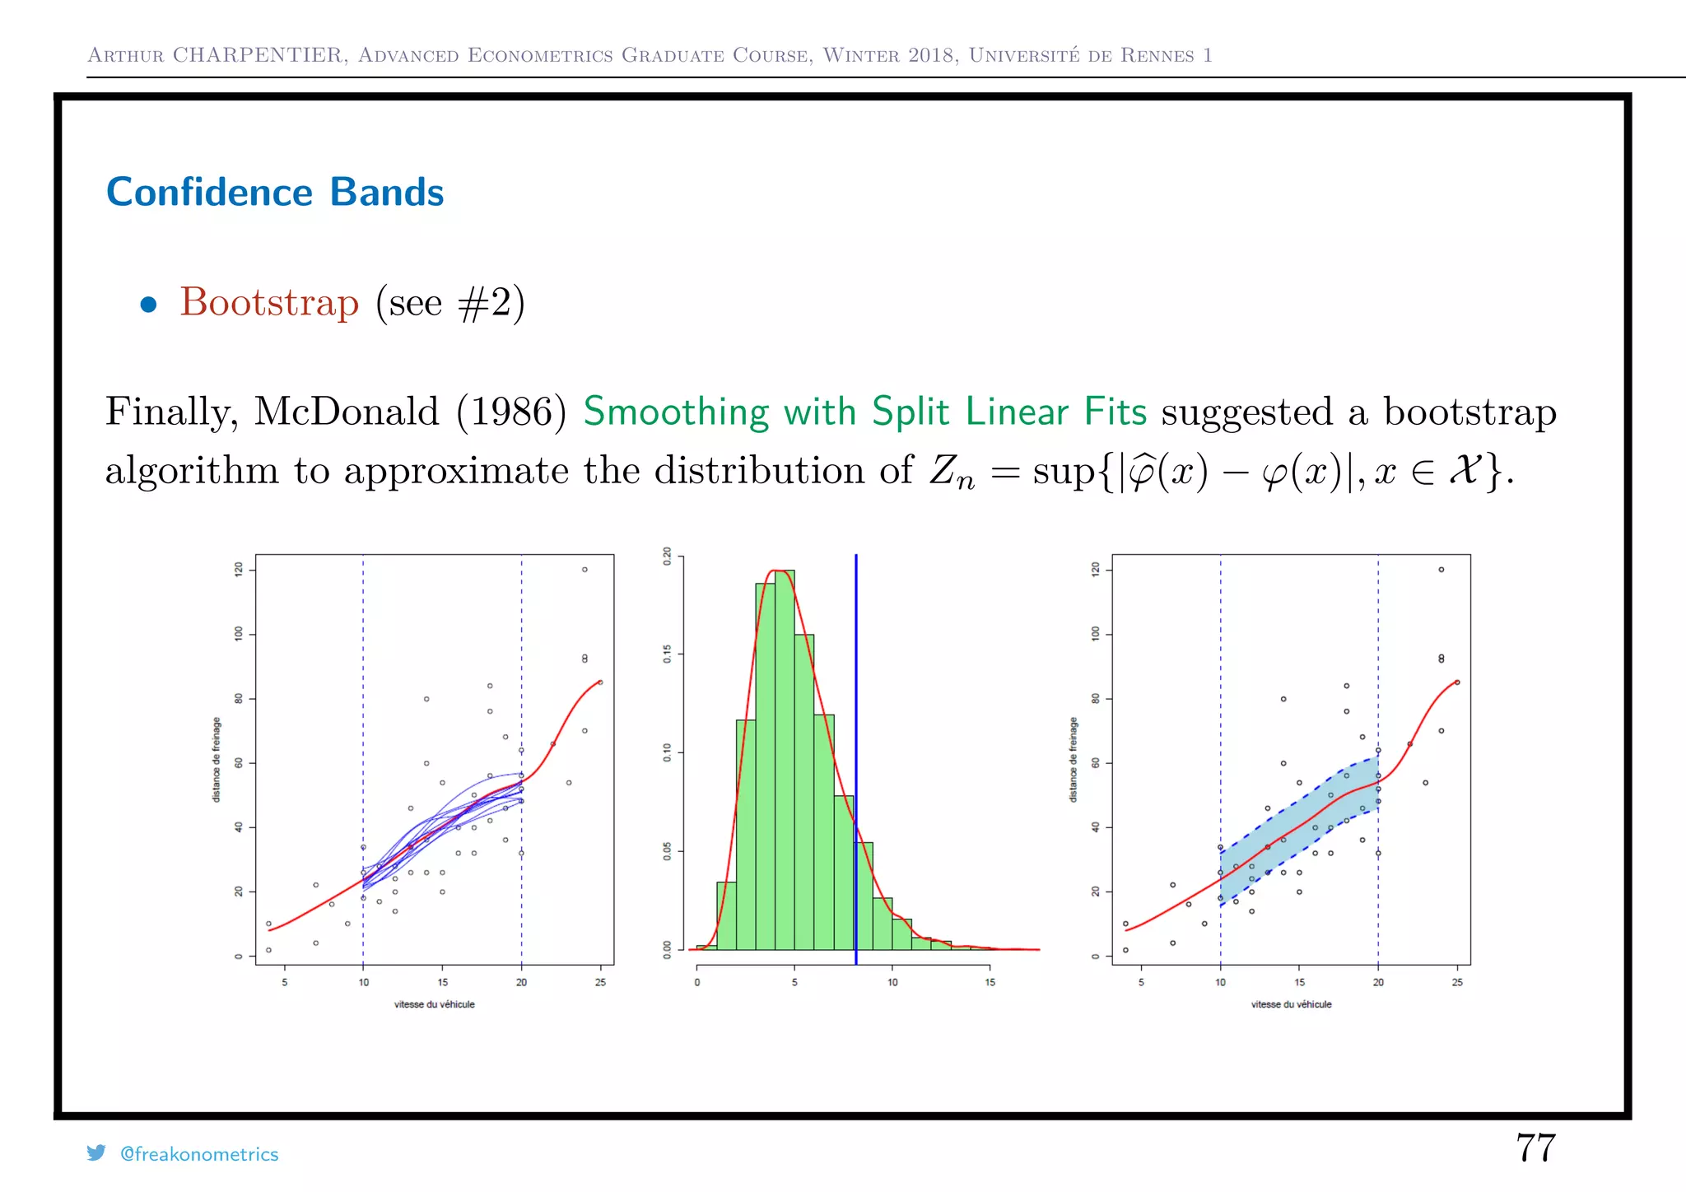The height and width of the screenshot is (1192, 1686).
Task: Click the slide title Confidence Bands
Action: (x=275, y=193)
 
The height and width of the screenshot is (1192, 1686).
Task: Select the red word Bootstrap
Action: (x=269, y=302)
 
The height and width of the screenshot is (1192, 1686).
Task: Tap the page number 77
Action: (x=1535, y=1148)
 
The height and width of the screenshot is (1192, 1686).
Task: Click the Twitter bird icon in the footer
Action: (x=96, y=1152)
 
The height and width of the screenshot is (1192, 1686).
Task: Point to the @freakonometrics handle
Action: (x=199, y=1154)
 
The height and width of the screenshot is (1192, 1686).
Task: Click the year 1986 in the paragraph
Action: (x=511, y=412)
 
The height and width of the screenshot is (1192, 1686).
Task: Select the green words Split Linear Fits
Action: (x=1008, y=412)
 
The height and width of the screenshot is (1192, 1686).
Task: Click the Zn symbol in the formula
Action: (x=952, y=473)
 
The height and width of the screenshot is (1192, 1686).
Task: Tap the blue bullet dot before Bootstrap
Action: (x=148, y=305)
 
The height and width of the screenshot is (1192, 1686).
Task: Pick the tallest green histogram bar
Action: (x=785, y=757)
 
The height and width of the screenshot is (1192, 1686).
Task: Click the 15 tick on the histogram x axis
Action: (x=990, y=982)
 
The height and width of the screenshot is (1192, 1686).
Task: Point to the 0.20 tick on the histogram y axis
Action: (x=667, y=556)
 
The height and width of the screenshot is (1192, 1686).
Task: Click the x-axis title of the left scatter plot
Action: (x=434, y=1004)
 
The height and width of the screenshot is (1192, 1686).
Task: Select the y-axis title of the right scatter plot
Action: (x=1073, y=759)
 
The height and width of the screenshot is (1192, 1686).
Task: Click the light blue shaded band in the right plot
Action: (x=1301, y=831)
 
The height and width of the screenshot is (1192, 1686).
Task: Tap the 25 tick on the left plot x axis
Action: (x=600, y=982)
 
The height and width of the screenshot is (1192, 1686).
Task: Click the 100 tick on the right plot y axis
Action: (x=1095, y=634)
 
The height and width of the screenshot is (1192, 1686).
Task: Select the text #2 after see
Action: (x=486, y=304)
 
